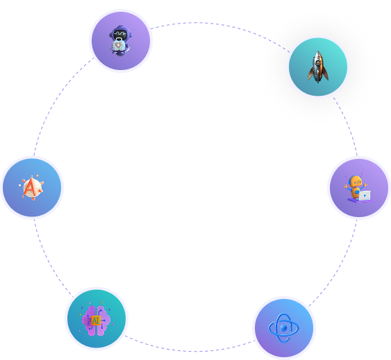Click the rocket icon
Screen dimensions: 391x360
318,67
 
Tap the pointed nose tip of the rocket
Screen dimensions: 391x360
318,51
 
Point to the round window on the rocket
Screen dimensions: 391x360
318,63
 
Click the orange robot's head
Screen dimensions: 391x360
356,181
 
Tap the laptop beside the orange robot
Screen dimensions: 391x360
365,196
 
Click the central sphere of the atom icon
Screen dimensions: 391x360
283,328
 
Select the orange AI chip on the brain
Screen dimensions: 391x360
96,320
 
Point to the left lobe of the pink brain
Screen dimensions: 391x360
89,320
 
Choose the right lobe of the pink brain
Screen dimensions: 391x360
103,320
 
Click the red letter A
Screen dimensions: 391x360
31,187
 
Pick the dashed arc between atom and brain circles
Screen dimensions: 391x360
190,351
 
